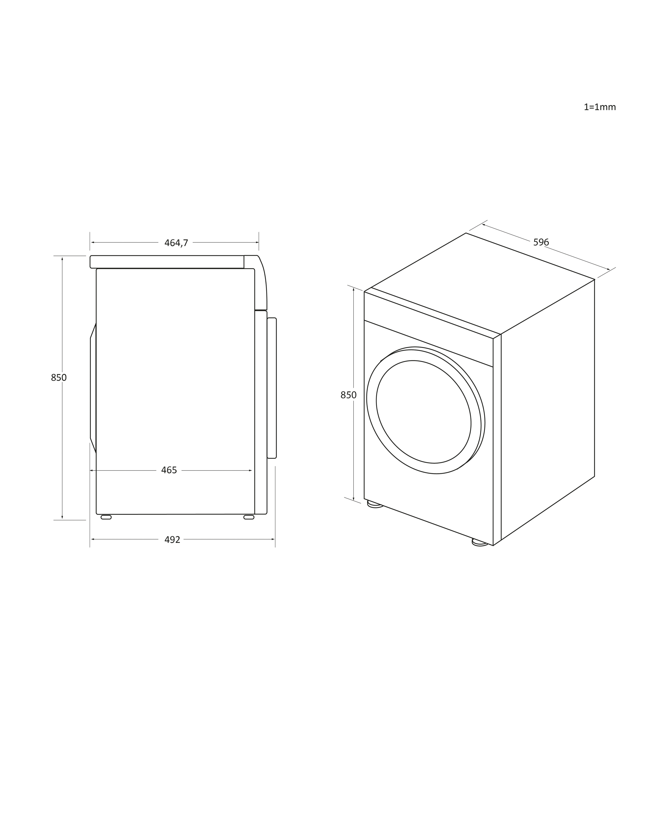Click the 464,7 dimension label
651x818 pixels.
(176, 243)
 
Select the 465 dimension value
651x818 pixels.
(169, 470)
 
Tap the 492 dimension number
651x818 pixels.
(172, 539)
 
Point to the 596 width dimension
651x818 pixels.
(541, 242)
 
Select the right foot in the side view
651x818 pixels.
(249, 517)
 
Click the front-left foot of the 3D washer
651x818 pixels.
(375, 504)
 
